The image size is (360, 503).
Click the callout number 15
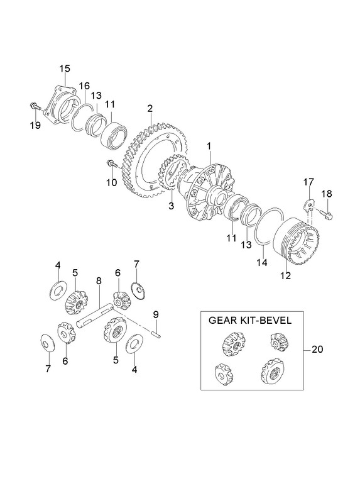(x=65, y=69)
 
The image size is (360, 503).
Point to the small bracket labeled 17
(x=309, y=205)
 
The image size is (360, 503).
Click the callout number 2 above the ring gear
(x=150, y=108)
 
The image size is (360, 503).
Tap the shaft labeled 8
(x=95, y=316)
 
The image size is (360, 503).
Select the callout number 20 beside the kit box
(x=317, y=350)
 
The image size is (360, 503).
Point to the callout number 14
(x=261, y=262)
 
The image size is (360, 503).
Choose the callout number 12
(x=285, y=275)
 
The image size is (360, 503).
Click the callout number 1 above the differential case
(x=209, y=146)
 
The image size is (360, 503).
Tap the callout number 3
(x=171, y=206)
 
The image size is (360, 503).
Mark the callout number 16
(x=85, y=86)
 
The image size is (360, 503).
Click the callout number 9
(x=156, y=314)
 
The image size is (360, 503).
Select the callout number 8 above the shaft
(x=99, y=280)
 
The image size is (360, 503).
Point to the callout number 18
(x=327, y=194)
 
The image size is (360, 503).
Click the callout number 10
(x=112, y=182)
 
